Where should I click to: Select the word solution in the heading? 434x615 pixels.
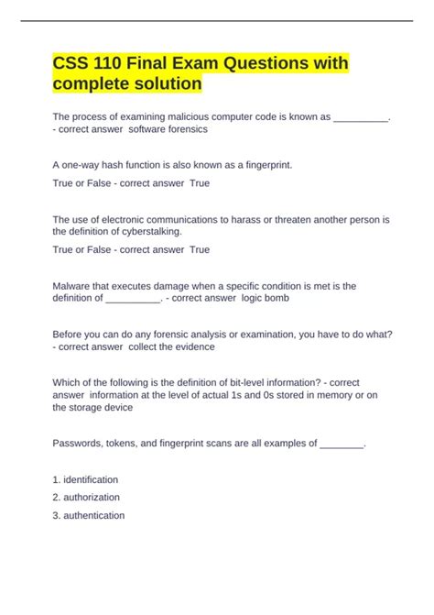(x=162, y=84)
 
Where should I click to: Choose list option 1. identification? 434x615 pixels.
(x=85, y=479)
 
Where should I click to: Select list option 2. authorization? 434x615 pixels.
(x=86, y=497)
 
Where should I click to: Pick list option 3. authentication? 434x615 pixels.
(x=89, y=515)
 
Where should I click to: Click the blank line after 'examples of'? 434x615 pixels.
(x=341, y=444)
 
